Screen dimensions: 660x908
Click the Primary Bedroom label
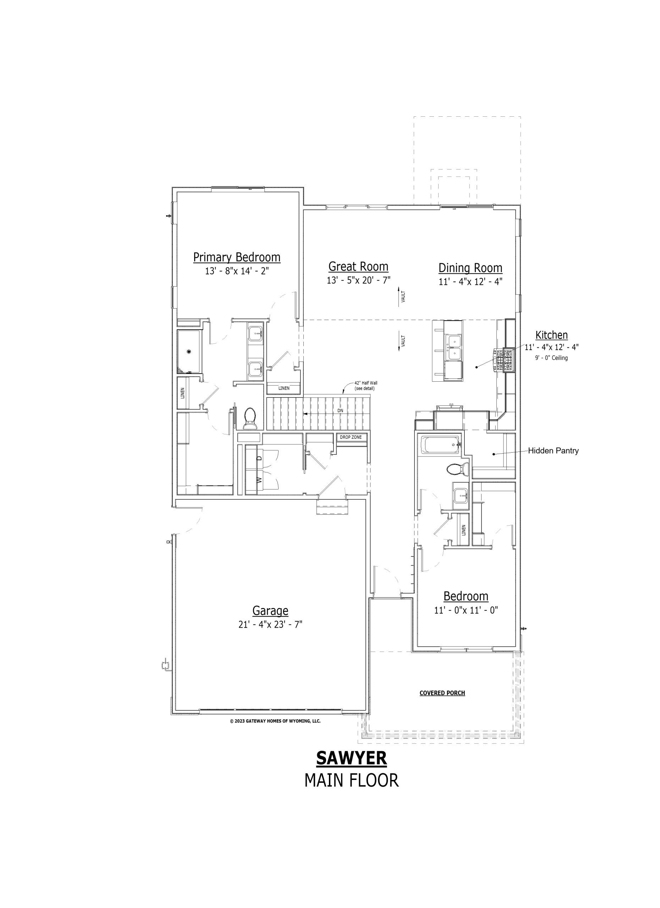tap(237, 257)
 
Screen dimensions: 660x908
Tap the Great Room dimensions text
tap(358, 280)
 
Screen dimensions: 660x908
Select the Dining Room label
tap(470, 268)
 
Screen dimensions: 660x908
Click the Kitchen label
tap(551, 335)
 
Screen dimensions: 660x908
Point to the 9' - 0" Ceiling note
tap(551, 358)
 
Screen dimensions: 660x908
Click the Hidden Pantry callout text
tap(553, 451)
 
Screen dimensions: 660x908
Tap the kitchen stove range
tap(505, 360)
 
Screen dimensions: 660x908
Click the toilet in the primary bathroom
tap(250, 419)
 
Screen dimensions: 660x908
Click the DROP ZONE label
tap(351, 437)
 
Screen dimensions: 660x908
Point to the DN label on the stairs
tap(340, 411)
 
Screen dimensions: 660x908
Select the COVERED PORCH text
tap(442, 693)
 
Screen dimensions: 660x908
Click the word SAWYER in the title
tap(352, 758)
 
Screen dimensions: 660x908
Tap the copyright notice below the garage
tap(275, 721)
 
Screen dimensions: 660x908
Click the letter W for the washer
tap(259, 479)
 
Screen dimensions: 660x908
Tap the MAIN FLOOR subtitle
tap(352, 780)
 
